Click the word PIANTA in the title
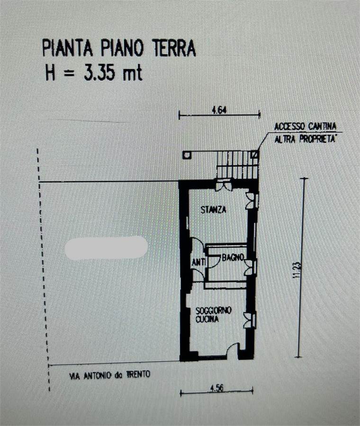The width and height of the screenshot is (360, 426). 67,48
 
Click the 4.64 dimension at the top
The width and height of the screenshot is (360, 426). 219,110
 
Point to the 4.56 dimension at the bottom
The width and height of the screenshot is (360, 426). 216,388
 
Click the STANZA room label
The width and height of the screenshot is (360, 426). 214,210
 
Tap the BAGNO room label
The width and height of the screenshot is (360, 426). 233,257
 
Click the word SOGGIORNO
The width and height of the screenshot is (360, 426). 214,310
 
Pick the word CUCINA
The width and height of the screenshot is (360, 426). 207,319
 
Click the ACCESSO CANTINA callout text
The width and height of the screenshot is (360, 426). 305,126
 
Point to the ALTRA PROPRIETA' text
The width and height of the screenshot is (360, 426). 305,139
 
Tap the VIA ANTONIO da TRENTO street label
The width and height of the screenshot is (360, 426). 110,375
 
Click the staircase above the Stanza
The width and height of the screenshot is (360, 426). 237,165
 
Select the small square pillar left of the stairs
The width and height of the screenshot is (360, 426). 187,155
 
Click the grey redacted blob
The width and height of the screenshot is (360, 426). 106,247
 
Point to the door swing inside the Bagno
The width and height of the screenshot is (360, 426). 214,261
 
